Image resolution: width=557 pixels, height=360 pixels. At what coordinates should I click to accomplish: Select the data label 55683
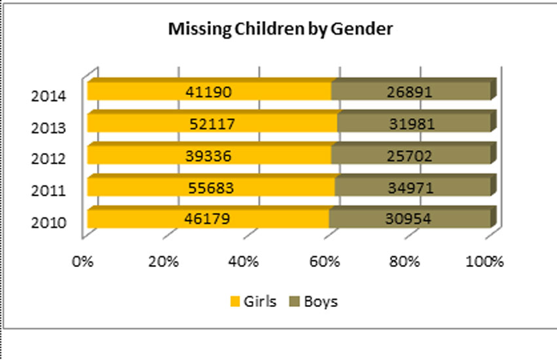210,187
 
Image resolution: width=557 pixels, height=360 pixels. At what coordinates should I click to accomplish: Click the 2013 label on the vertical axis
48,128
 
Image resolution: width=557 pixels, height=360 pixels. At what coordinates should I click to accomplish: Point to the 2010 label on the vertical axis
48,223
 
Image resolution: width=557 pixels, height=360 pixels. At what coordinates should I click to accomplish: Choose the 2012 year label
48,159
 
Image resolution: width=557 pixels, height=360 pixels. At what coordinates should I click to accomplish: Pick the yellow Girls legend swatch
235,302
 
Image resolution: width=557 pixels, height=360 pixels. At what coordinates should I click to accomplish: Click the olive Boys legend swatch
294,302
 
